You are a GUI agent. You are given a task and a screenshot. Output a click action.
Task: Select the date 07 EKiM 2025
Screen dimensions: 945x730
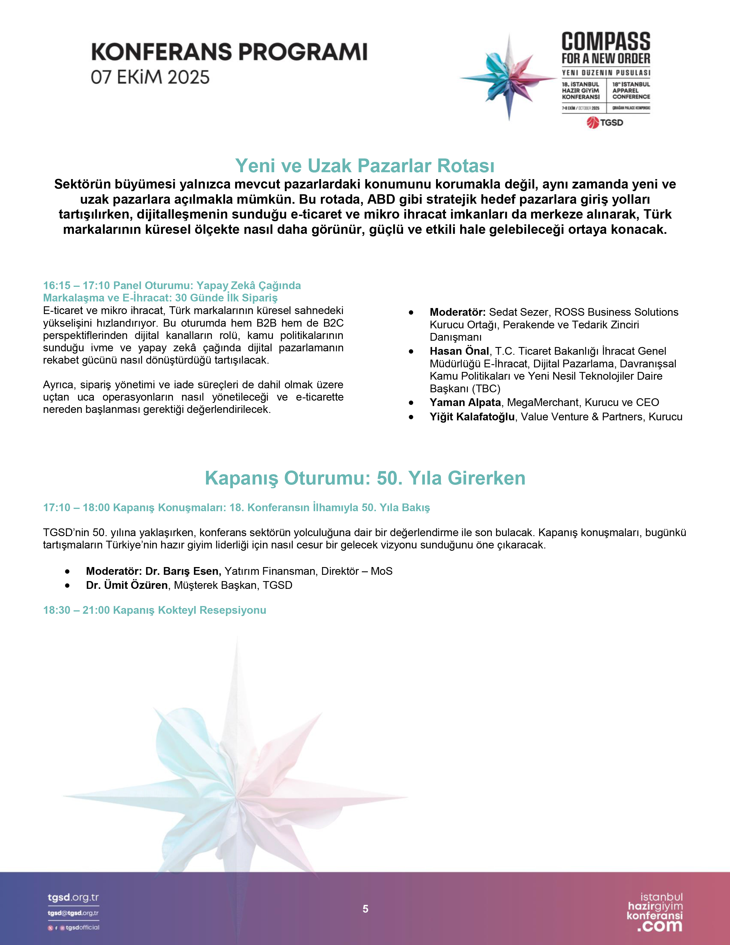[x=150, y=77]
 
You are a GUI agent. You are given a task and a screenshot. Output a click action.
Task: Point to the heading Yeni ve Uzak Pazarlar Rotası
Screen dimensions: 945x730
[x=364, y=166]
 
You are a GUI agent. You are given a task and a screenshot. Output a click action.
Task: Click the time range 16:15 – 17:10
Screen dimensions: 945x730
[x=76, y=286]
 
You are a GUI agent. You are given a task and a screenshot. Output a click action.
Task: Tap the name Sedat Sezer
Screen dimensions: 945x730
[x=518, y=312]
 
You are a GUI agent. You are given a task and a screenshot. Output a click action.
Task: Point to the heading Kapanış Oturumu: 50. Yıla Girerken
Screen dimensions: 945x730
[x=365, y=478]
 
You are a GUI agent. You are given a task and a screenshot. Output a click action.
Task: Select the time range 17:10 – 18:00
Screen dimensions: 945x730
[x=76, y=507]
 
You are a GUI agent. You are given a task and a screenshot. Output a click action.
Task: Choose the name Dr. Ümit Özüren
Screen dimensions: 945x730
[x=127, y=585]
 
